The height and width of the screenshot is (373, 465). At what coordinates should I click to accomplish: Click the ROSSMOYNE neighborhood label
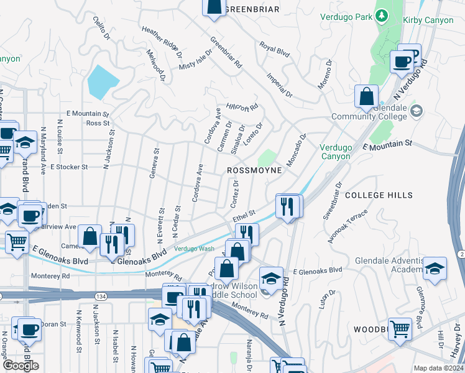254,170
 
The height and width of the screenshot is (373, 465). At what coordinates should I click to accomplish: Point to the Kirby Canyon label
431,20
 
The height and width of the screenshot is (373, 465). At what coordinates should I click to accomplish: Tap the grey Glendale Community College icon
417,111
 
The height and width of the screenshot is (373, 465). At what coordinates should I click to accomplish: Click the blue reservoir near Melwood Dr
103,81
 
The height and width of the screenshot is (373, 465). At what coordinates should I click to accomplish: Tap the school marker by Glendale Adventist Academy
435,269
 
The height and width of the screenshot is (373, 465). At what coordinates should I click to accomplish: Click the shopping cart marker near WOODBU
400,328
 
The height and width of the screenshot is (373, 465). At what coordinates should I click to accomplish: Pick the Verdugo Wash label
194,249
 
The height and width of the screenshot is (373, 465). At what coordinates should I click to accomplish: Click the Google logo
21,366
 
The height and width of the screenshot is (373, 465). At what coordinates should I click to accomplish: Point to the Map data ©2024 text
438,368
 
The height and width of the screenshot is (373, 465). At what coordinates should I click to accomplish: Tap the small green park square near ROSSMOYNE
267,158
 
